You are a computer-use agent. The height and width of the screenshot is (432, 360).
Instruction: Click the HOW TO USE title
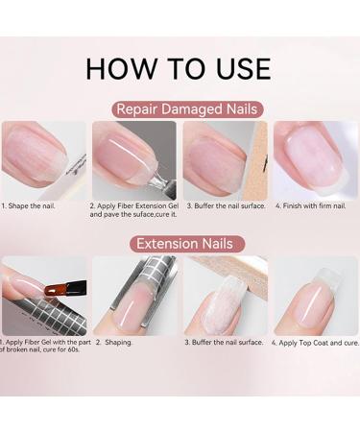tap(179, 68)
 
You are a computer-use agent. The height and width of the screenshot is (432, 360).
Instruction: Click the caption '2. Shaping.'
tap(113, 342)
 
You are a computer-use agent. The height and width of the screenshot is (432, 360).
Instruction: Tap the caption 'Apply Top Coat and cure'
tap(315, 342)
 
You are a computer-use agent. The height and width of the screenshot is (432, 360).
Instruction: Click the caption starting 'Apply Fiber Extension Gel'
tap(134, 209)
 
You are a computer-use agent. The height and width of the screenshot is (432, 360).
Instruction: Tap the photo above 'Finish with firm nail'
tap(316, 158)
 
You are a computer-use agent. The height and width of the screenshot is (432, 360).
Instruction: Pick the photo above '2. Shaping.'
tap(133, 295)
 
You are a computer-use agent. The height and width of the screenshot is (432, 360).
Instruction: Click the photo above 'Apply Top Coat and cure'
tap(316, 295)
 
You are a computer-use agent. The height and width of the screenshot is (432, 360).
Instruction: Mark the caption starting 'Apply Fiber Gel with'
tap(42, 346)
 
